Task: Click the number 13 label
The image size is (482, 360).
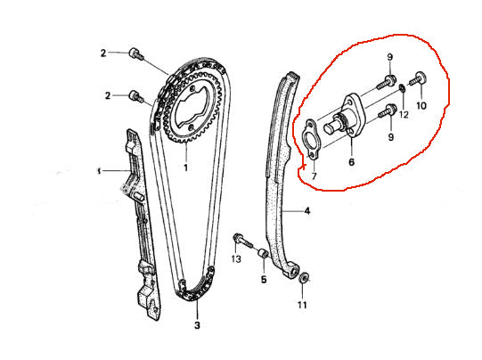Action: point(236,259)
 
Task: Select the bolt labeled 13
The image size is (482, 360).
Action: point(243,241)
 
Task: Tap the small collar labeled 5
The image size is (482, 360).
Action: point(263,254)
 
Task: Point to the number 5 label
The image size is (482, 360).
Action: point(264,280)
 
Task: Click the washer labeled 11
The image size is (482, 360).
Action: point(304,278)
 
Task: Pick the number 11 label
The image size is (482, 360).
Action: point(302,305)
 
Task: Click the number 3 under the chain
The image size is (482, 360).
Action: point(197,325)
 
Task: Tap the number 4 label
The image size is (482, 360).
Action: point(307,211)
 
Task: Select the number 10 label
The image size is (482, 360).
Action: point(421,106)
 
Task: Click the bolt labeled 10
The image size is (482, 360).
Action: point(418,78)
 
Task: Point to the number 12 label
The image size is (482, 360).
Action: point(404,115)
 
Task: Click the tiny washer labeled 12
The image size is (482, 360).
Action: point(402,88)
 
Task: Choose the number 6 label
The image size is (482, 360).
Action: point(351,161)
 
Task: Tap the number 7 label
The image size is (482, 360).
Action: point(314,176)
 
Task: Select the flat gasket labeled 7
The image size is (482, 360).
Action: point(312,139)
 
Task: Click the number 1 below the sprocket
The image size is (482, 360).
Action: point(185,168)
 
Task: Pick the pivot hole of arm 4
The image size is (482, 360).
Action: point(294,272)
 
